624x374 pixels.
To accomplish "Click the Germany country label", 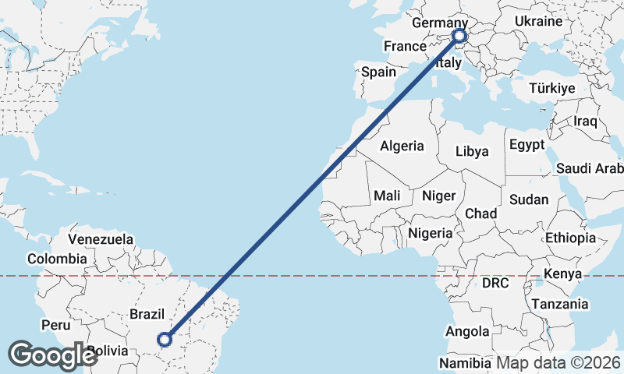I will pos(438,23).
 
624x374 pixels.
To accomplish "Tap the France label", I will pos(405,47).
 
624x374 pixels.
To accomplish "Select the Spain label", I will pos(378,72).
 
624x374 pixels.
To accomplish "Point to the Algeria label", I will pos(402,146).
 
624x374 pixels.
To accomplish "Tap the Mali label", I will pos(387,196).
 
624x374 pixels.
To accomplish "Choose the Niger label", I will pos(438,196).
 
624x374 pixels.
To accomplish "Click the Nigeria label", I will pos(430,233).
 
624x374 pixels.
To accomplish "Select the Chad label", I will pos(480,213).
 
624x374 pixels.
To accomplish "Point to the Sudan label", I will pos(528,199).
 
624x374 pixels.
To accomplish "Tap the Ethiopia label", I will pos(570,238).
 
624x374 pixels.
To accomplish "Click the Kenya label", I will pos(563,274).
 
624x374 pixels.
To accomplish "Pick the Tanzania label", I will pos(559,304).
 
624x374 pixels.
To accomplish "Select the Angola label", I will pos(467,332).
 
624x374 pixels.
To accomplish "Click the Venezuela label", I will pos(101,239).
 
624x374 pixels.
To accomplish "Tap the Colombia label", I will pos(57,259).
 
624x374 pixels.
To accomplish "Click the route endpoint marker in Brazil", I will pos(165,339).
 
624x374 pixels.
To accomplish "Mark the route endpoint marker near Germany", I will pos(459,36).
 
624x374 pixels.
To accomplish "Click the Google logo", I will pos(52,355).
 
